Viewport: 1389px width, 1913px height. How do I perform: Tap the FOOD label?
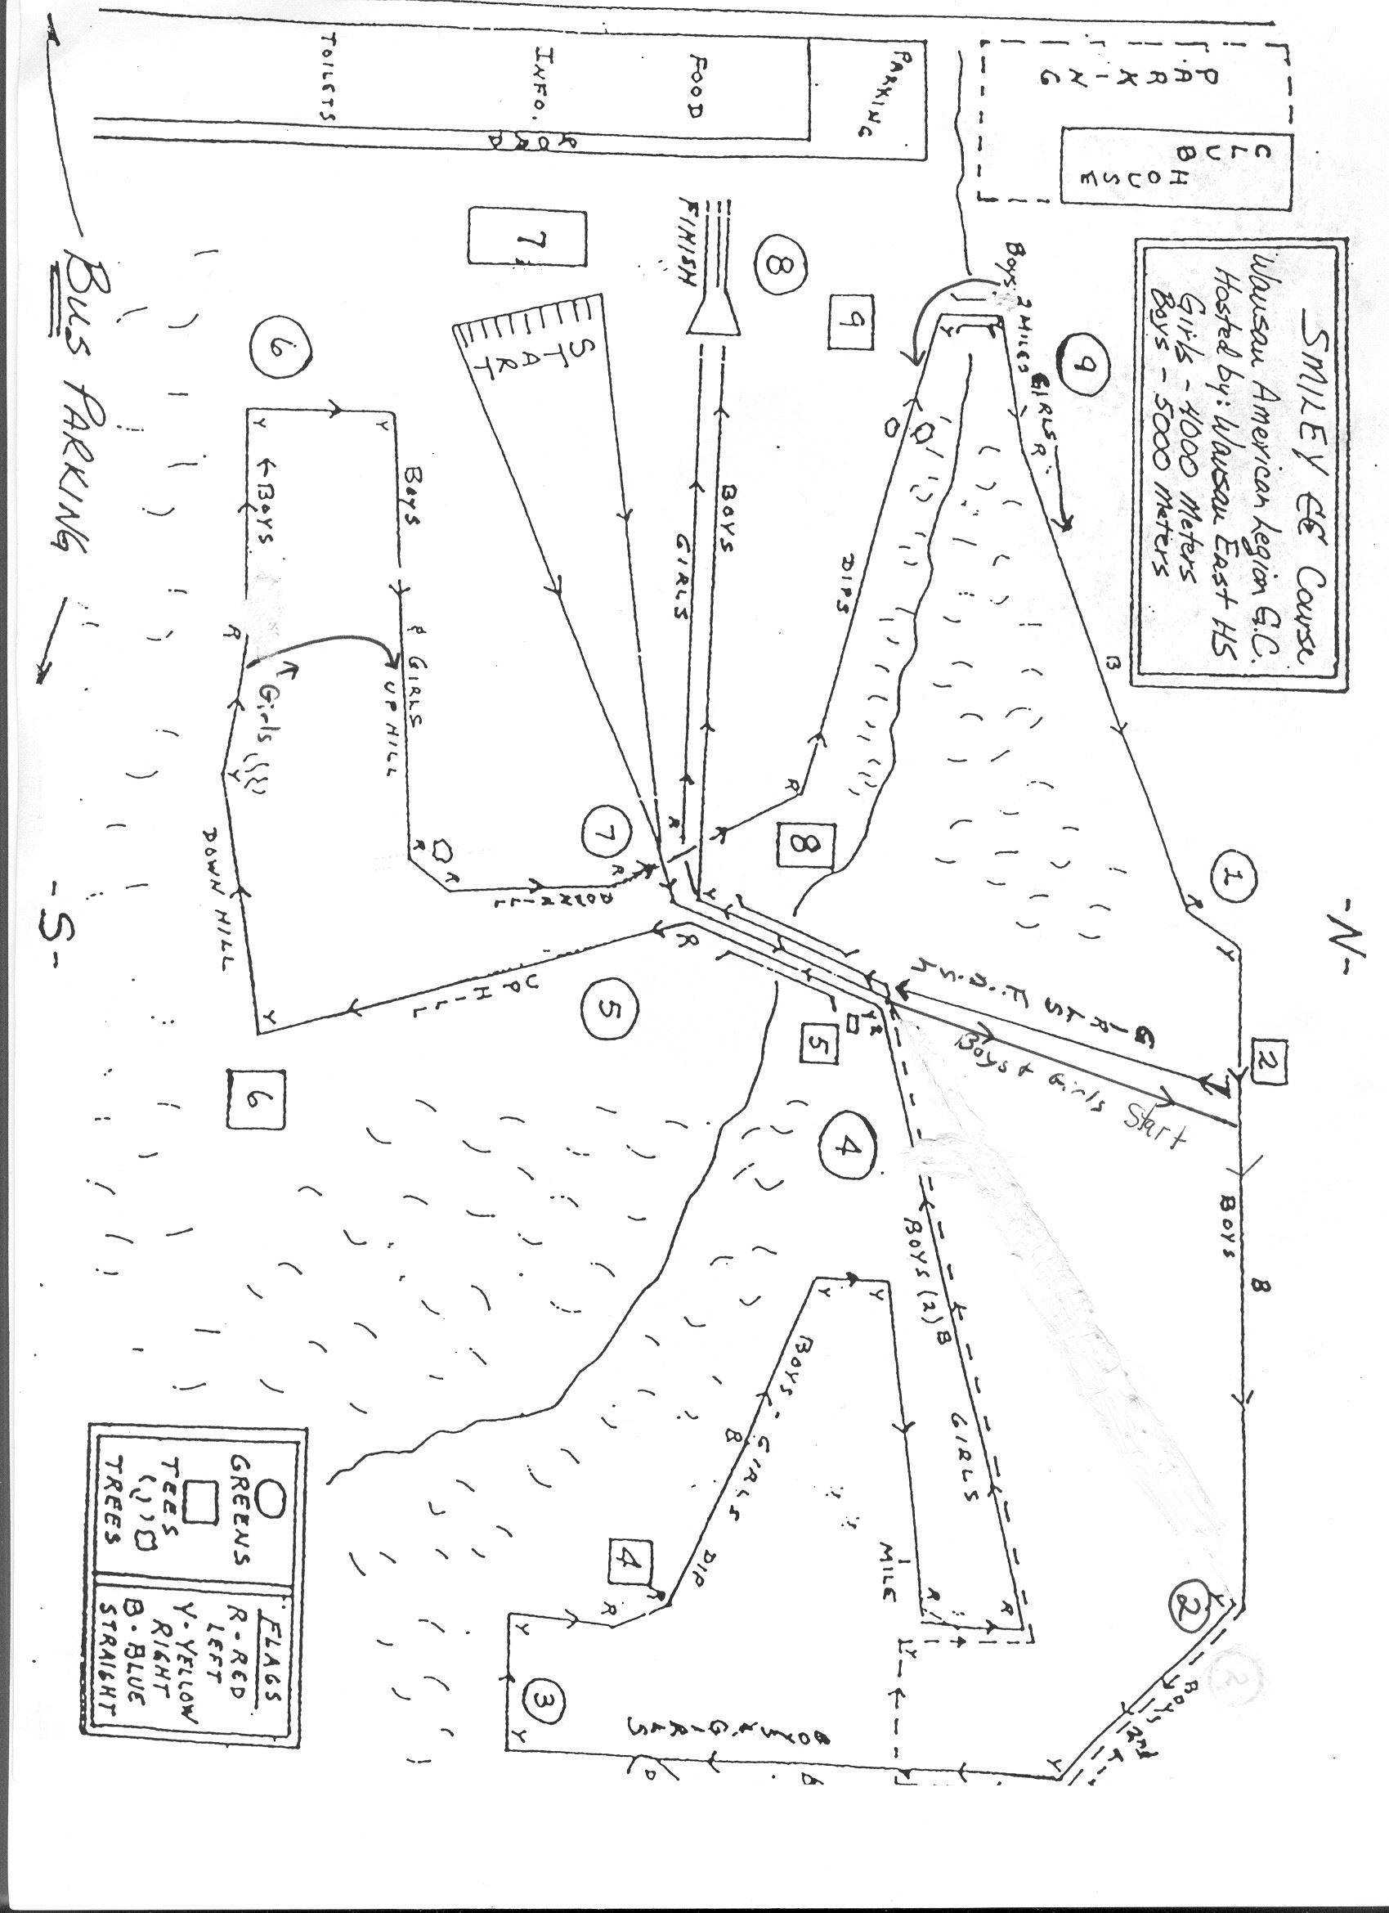(x=697, y=86)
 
